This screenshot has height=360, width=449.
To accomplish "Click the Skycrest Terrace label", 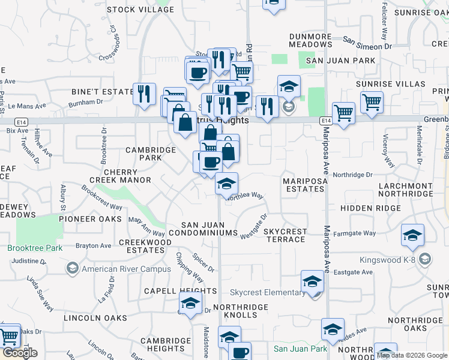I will [285, 235].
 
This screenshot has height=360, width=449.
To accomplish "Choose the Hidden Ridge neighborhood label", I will [370, 208].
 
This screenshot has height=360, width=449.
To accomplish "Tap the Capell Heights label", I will [180, 291].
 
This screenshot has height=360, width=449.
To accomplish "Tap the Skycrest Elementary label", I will [267, 293].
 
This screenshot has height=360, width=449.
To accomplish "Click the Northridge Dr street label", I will [353, 175].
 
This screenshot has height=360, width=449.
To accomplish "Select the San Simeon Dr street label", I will [367, 43].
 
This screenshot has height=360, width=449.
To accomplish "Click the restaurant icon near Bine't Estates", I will [144, 94].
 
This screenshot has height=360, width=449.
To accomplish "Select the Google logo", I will [20, 353].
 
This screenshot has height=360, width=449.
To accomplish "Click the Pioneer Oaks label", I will [86, 219].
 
